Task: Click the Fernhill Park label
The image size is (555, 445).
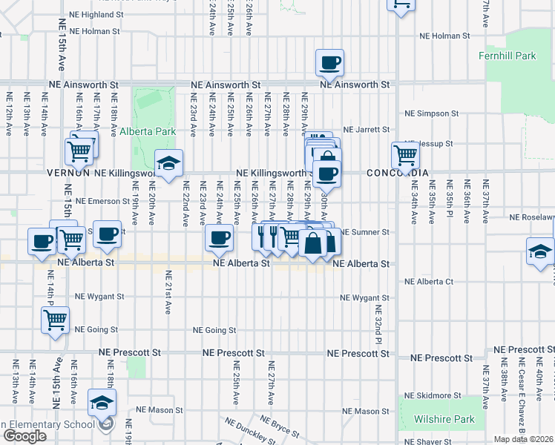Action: pos(517,56)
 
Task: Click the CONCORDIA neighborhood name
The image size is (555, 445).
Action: pos(397,173)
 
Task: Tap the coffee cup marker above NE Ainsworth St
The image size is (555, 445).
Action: pos(330,63)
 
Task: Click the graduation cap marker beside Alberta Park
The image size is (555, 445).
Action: pos(169,163)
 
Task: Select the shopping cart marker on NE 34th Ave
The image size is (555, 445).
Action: pos(405,156)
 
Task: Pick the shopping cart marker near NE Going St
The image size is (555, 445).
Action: pos(55,320)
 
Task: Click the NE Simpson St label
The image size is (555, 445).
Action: pos(431,113)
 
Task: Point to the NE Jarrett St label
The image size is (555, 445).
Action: pos(366,130)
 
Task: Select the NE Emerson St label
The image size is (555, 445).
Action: pos(102,201)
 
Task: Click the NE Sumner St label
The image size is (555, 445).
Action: pos(365,232)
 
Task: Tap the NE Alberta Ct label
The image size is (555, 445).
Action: pos(429,282)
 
